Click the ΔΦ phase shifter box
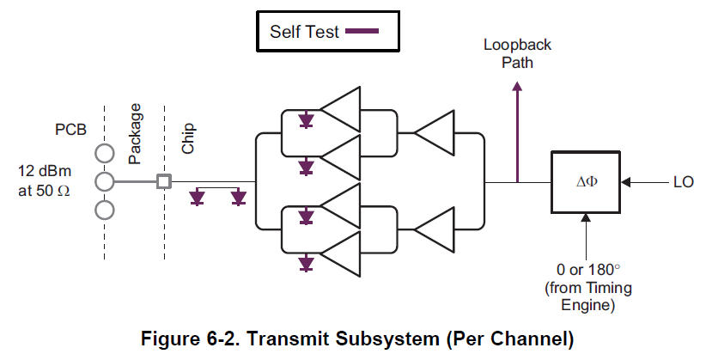point(587,182)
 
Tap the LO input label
point(683,182)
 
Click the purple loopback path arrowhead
point(517,87)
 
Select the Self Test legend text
point(305,32)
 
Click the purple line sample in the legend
point(361,32)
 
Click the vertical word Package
point(135,134)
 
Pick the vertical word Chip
point(188,137)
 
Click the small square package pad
point(163,181)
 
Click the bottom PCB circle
point(105,210)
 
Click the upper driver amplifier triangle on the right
point(435,134)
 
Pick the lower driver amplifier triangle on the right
point(435,229)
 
